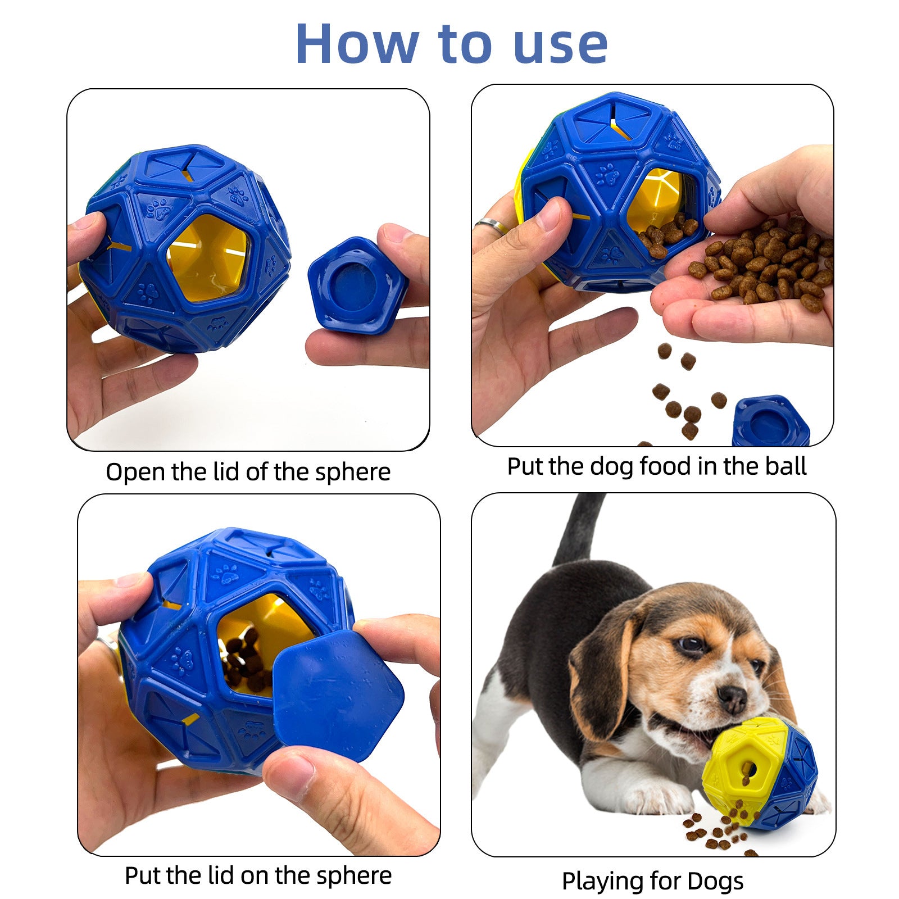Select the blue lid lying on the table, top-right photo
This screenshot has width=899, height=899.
tap(770, 422)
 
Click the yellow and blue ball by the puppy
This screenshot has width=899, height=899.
tap(759, 773)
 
